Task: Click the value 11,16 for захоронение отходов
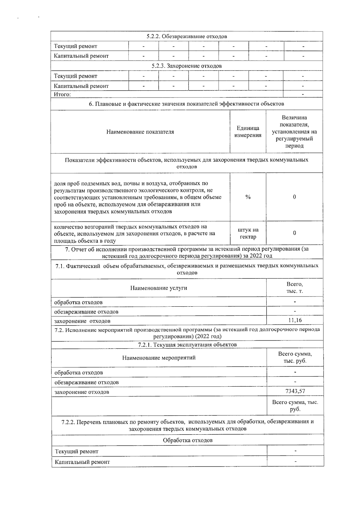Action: [x=295, y=320]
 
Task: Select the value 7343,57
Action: [x=295, y=391]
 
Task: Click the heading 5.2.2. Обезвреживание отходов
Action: [x=187, y=36]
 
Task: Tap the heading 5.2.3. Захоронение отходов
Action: [x=187, y=66]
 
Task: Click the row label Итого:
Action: [x=62, y=95]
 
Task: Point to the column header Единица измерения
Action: [x=248, y=131]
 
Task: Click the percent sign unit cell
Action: [x=248, y=197]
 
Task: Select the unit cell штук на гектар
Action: [x=248, y=233]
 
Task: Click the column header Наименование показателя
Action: [x=140, y=132]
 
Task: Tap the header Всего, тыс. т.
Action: [x=295, y=288]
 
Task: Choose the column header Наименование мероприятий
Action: [x=159, y=358]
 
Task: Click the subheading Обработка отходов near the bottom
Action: [x=187, y=440]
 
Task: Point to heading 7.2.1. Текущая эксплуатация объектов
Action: [x=187, y=345]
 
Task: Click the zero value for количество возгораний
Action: [x=295, y=233]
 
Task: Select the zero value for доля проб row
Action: [x=295, y=197]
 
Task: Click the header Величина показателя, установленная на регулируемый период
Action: [x=294, y=131]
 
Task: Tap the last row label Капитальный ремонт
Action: [x=82, y=462]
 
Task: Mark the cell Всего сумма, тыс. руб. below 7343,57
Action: [x=295, y=405]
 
